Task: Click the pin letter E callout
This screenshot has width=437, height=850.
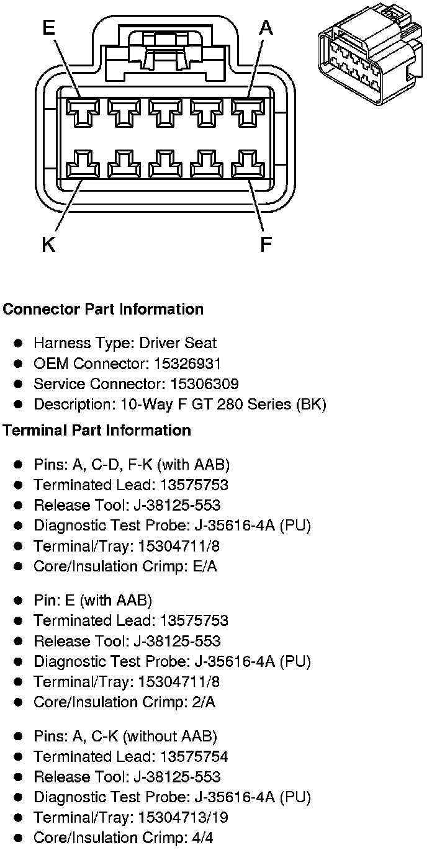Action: [x=49, y=29]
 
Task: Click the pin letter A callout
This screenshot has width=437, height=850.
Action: [x=266, y=29]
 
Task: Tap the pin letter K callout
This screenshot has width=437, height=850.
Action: [x=49, y=245]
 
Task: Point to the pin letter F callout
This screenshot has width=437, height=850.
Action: [x=266, y=245]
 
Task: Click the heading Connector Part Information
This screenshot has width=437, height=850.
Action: [x=103, y=309]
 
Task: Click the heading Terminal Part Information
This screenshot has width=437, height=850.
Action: [x=97, y=430]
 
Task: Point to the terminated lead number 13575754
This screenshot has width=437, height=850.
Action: [x=194, y=756]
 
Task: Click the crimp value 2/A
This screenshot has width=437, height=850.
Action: [x=202, y=702]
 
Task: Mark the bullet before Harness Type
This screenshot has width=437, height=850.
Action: [x=19, y=343]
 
